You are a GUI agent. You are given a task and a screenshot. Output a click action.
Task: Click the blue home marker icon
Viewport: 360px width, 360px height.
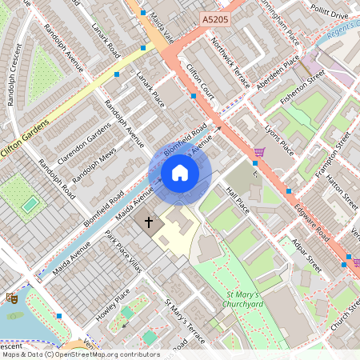click(x=180, y=174)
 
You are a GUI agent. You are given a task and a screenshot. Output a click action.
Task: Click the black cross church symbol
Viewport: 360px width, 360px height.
click(x=148, y=222)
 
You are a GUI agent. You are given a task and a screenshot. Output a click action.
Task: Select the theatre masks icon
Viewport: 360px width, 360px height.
click(x=12, y=298)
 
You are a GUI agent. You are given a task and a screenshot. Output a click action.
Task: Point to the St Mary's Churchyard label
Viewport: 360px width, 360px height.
click(x=242, y=300)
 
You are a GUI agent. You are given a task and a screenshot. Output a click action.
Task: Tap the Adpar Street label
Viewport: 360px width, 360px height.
click(x=306, y=255)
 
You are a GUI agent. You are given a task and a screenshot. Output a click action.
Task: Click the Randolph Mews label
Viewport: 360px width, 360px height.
click(x=94, y=163)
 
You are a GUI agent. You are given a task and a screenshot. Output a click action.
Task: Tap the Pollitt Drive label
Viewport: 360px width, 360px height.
click(x=329, y=14)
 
